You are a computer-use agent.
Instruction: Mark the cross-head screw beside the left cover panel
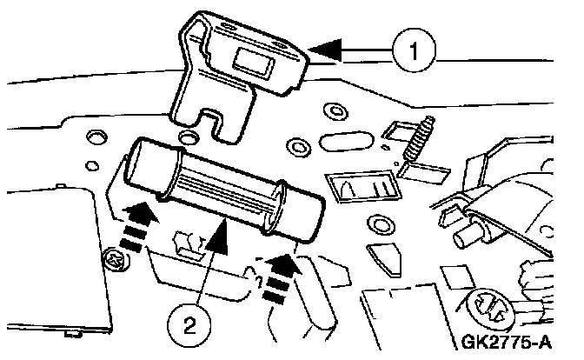[x=113, y=258]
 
